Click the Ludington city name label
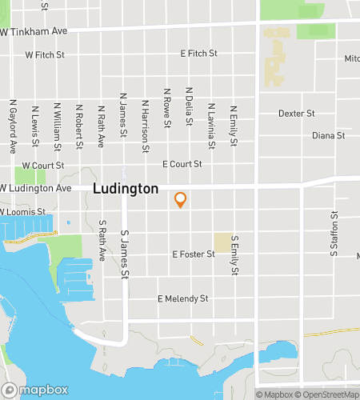[126, 190]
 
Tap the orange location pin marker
[181, 199]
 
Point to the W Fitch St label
[45, 56]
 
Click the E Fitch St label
[199, 54]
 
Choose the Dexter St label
[297, 114]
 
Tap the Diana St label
[328, 135]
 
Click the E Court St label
[182, 164]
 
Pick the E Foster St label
[194, 254]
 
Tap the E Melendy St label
[182, 298]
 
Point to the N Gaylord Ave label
[13, 126]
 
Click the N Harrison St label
[145, 126]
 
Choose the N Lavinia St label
[211, 126]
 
